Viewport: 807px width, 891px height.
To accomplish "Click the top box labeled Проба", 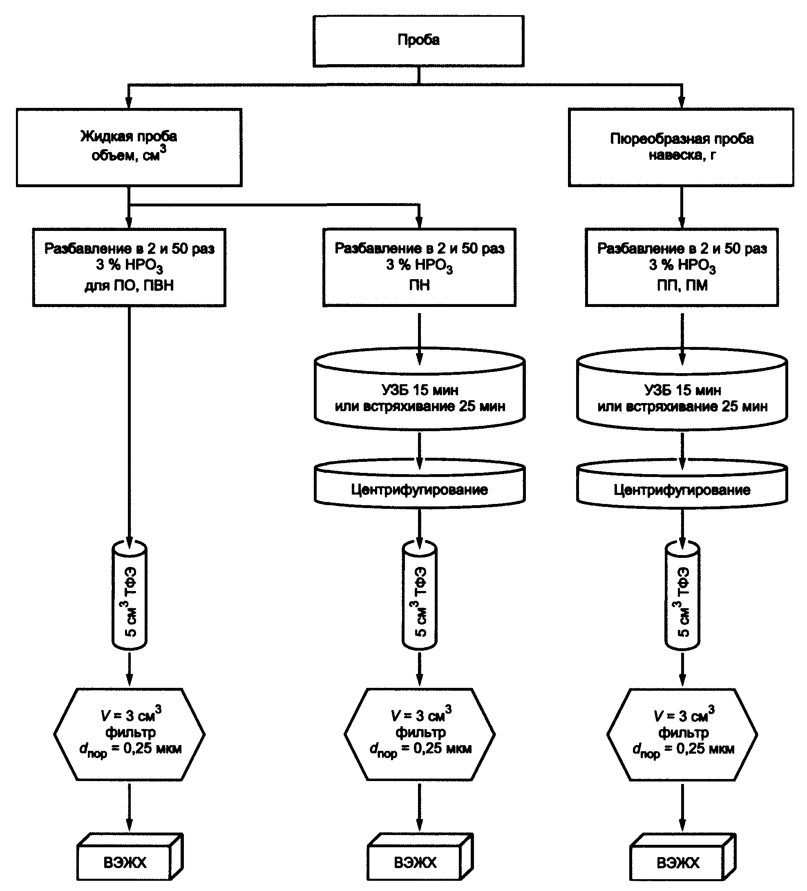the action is coord(418,41).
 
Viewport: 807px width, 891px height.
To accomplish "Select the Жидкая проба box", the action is coord(129,147).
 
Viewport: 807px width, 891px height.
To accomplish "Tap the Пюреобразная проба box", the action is coord(681,147).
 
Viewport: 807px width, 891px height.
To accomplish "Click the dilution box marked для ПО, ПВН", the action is coord(129,267).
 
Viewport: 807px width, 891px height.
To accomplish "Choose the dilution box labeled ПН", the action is coord(419,267).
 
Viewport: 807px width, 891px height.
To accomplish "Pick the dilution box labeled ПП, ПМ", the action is coord(682,267).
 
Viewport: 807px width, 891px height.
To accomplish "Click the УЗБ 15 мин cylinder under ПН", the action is coord(419,389).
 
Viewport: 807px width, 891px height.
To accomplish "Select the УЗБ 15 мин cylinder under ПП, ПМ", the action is coord(682,389).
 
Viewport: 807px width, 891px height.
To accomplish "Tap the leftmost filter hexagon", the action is coord(129,734).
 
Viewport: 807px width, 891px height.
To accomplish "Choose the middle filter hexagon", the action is coord(419,734).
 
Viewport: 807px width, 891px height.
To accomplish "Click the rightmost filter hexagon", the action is coord(682,734).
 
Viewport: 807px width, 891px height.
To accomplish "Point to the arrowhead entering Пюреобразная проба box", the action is coord(681,103).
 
